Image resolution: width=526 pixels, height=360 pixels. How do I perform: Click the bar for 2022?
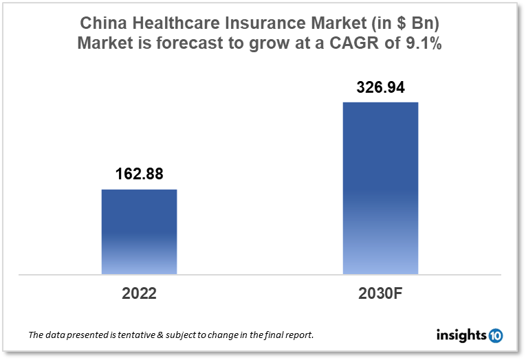point(139,232)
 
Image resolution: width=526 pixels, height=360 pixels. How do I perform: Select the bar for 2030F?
point(380,188)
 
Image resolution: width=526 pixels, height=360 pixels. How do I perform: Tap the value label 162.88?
point(139,175)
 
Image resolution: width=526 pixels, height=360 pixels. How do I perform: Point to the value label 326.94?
point(380,87)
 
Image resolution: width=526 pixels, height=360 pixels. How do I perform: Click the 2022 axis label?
point(139,294)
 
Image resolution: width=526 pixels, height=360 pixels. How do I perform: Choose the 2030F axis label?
point(380,294)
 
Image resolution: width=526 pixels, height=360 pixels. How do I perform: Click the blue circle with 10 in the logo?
point(495,335)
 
